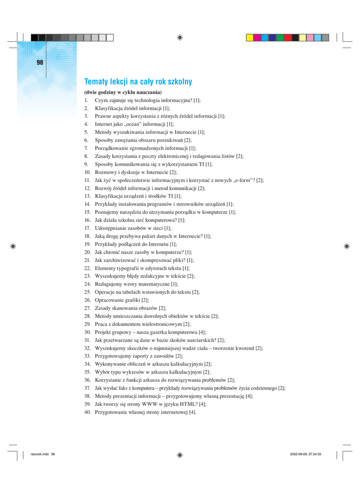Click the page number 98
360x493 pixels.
pyautogui.click(x=40, y=63)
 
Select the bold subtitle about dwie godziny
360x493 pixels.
pyautogui.click(x=123, y=92)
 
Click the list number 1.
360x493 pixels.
pyautogui.click(x=86, y=100)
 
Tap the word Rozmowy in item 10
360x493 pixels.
pyautogui.click(x=105, y=172)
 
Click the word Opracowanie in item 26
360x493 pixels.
pyautogui.click(x=109, y=300)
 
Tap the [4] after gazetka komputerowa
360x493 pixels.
pyautogui.click(x=202, y=332)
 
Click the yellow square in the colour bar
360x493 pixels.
pyautogui.click(x=250, y=37)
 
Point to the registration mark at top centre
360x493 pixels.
pyautogui.click(x=179, y=37)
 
